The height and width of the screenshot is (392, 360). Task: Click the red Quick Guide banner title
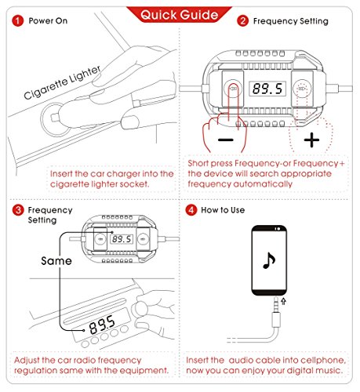tap(179, 15)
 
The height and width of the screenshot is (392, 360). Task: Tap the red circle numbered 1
tap(17, 21)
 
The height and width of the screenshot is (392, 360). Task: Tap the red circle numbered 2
tap(242, 21)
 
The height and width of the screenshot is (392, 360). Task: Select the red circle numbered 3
tap(18, 210)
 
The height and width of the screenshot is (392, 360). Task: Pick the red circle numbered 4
tap(191, 210)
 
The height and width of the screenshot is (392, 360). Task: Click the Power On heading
tap(48, 21)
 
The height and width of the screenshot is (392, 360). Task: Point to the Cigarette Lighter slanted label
tap(62, 82)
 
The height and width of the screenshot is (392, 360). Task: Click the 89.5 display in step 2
tap(267, 89)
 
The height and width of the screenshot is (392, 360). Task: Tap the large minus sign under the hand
tap(226, 140)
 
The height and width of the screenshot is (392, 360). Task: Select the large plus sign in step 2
tap(311, 140)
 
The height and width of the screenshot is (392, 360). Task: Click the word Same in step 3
tap(56, 261)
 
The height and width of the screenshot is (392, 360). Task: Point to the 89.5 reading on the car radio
tap(102, 325)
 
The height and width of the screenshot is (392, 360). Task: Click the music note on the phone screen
tap(269, 260)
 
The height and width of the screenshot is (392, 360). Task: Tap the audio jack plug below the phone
tap(276, 312)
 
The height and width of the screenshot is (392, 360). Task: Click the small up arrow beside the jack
tap(284, 301)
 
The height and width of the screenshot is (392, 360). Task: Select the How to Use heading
tap(223, 210)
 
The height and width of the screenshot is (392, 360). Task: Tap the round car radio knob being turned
tap(140, 310)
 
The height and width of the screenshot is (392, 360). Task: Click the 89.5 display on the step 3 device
tap(122, 239)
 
